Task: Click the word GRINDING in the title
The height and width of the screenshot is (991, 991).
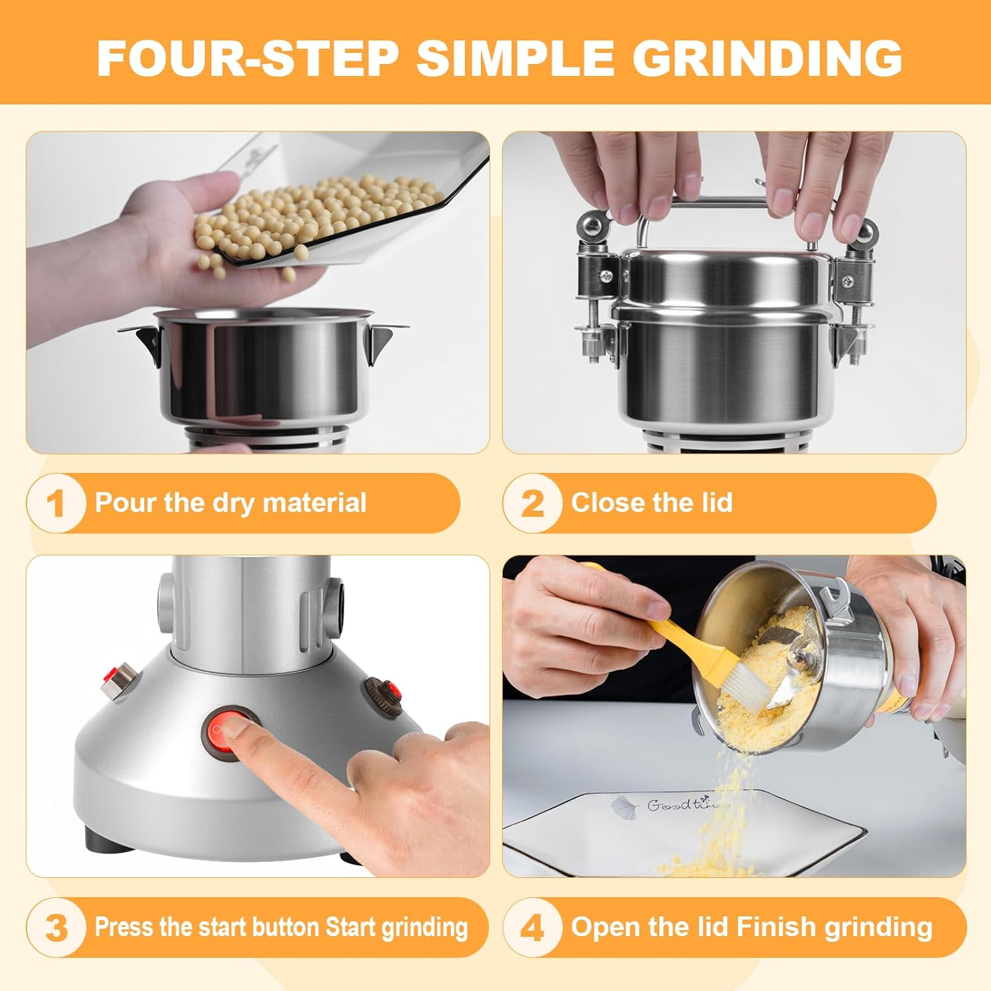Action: [768, 57]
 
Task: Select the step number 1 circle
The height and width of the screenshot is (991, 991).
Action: [56, 503]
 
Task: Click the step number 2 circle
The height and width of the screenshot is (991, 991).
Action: [532, 503]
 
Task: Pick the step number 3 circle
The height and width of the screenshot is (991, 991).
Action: [56, 927]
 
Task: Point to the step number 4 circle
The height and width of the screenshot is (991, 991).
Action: [532, 927]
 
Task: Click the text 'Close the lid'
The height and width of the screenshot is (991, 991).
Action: [651, 503]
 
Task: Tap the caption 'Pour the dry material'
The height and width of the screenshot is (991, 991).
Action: [231, 503]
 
